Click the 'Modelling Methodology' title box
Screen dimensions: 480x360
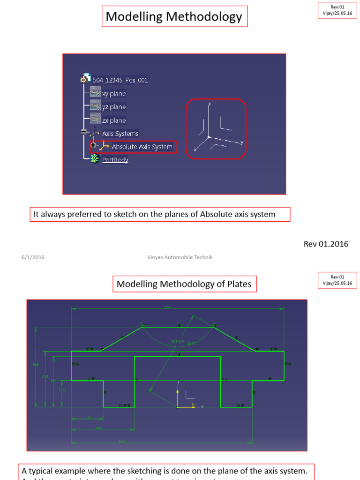coord(174,17)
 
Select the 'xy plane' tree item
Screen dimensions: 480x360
coord(114,94)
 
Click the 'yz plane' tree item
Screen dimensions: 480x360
coord(114,107)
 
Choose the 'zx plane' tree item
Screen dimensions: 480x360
coord(114,120)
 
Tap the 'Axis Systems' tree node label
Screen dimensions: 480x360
coord(120,134)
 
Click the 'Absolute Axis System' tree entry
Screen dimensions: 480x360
coord(142,147)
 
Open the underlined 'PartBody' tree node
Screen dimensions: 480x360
coord(115,160)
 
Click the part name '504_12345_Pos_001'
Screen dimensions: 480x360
coord(120,80)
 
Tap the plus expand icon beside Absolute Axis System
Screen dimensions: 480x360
coord(93,146)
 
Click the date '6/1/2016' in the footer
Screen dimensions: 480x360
coord(33,257)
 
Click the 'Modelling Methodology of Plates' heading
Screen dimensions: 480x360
coord(184,284)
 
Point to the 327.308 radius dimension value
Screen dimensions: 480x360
coord(178,341)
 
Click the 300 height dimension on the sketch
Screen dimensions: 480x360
coord(36,364)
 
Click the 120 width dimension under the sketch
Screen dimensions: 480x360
coord(88,418)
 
